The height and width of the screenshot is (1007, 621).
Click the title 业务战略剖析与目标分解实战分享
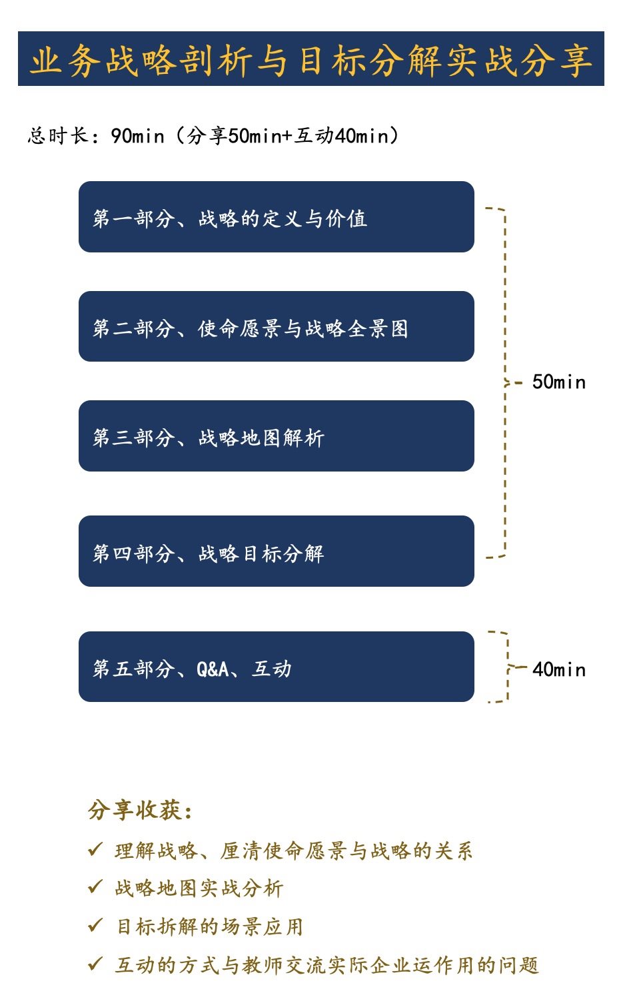coord(310,59)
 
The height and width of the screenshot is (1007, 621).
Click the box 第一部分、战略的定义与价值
coord(276,217)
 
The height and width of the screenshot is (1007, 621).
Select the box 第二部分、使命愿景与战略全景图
coord(276,327)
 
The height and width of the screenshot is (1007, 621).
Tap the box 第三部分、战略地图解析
coord(276,436)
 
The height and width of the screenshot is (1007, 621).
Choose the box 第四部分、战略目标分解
coord(276,551)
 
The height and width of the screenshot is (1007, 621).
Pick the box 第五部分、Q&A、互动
coord(276,667)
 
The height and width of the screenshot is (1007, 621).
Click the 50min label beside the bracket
coord(558,382)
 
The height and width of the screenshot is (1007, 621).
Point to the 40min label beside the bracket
coord(558,669)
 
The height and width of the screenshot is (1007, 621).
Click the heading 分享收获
coord(141,810)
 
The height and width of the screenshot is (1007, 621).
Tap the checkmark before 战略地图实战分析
coord(95,887)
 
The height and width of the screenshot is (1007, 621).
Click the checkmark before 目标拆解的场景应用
coord(95,926)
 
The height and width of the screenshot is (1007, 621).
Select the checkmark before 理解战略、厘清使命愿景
coord(95,849)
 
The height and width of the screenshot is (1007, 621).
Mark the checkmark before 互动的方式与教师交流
coord(95,964)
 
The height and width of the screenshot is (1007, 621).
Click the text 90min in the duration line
coord(137,136)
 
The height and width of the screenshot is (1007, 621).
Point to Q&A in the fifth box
coord(213,669)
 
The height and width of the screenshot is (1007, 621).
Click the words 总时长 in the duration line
coord(57,136)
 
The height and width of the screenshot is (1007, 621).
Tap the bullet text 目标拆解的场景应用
coord(210,926)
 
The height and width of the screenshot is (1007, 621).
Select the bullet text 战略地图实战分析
coord(199,888)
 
